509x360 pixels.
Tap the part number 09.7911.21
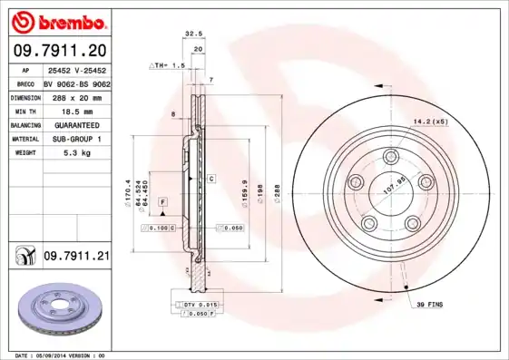76,258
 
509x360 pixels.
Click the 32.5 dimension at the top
193,34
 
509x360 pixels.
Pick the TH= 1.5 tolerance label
169,66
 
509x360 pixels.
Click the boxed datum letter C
210,179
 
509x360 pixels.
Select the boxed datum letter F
162,199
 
